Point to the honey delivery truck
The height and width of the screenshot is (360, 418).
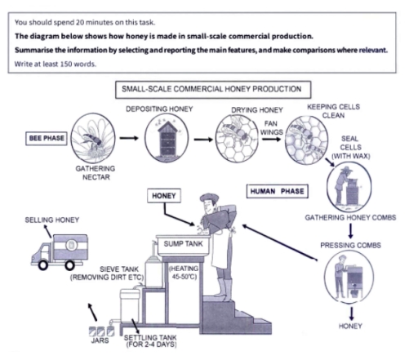click(x=59, y=252)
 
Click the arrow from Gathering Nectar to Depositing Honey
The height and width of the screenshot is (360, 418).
click(x=128, y=139)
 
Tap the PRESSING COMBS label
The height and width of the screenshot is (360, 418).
click(x=349, y=245)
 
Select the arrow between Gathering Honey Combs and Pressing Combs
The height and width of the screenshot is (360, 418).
click(x=349, y=231)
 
